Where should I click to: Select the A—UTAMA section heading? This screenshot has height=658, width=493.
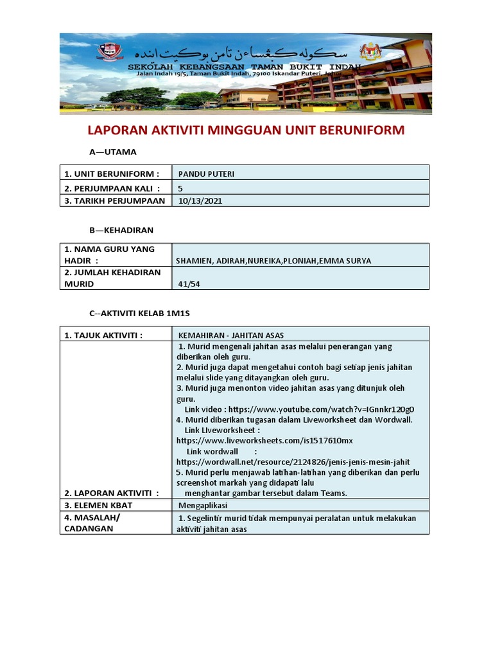pos(112,152)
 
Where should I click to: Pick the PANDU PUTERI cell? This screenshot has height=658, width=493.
pos(202,173)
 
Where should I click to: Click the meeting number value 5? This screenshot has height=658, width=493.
pos(181,187)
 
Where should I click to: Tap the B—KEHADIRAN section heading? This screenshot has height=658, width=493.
pos(121,229)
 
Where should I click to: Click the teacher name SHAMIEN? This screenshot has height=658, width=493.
pos(195,260)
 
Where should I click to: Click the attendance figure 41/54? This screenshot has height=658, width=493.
pos(188,283)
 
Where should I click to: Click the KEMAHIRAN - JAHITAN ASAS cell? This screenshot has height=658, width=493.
pos(231,335)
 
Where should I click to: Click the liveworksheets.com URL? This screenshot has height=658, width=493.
pos(264,441)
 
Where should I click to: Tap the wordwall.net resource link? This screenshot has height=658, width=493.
pos(293,461)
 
